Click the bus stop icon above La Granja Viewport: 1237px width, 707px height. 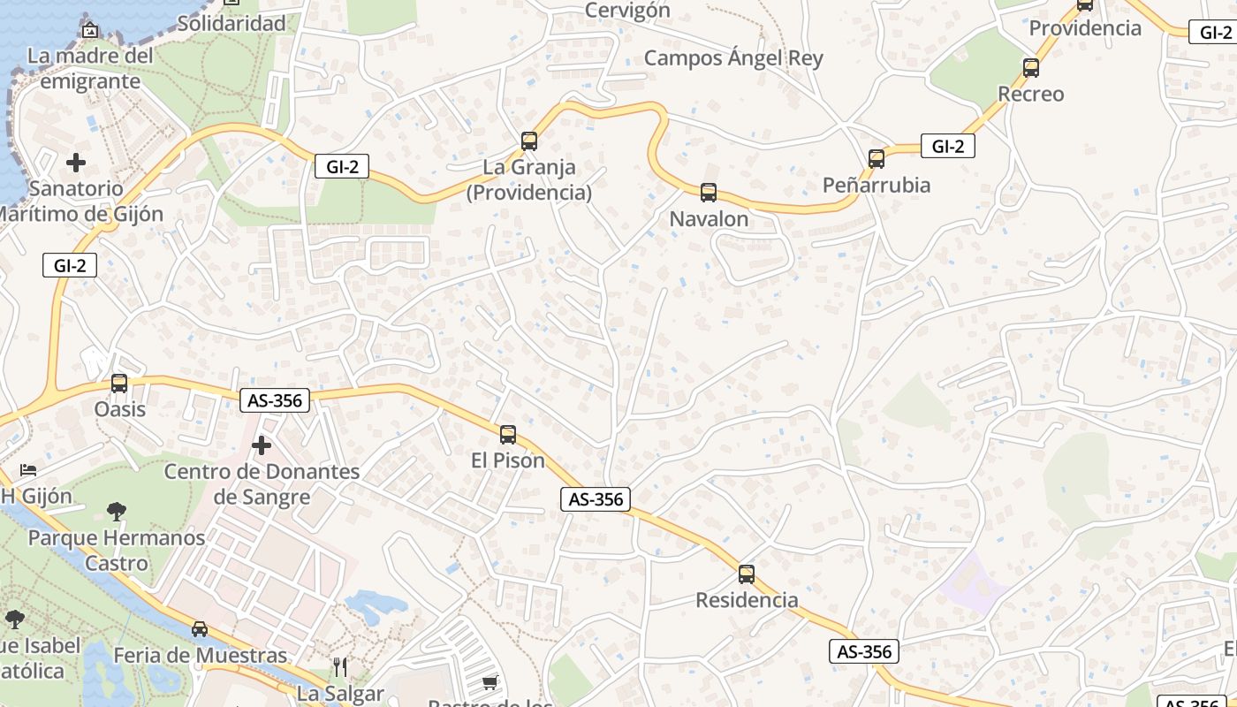tap(529, 141)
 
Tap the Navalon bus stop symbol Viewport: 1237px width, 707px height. tap(709, 192)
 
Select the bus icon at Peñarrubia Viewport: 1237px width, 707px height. tap(877, 158)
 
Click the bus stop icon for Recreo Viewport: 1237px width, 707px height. tap(1030, 67)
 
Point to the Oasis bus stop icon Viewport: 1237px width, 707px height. tap(119, 384)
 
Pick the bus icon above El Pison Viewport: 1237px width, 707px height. tap(508, 434)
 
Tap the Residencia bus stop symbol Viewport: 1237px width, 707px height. tap(747, 574)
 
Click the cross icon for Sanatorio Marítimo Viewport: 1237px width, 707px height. tap(76, 163)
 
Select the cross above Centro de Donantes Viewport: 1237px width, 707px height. tap(262, 445)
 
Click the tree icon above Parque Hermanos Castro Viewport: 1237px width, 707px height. tap(116, 511)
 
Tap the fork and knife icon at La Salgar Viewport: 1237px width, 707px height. tap(340, 666)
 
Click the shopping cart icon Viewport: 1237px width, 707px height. tap(490, 682)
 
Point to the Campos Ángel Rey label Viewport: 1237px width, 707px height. tap(733, 58)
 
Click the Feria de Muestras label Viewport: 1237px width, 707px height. tap(201, 655)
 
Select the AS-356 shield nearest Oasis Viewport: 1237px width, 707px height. tap(275, 400)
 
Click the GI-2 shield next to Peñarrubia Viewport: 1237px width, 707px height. tap(947, 146)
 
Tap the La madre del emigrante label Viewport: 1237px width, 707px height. tap(90, 68)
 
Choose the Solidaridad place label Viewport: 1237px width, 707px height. tap(231, 24)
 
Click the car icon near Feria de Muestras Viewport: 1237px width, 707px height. tap(200, 629)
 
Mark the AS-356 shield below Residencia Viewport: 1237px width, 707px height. tap(864, 651)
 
